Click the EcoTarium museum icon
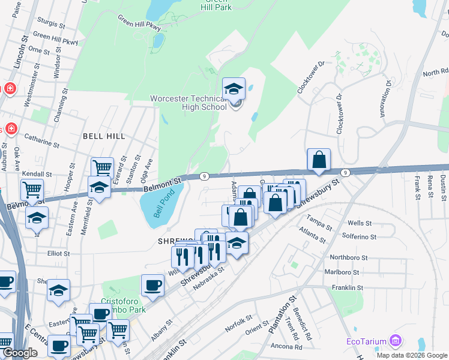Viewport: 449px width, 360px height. click(395, 341)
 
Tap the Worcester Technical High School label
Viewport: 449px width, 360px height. click(188, 102)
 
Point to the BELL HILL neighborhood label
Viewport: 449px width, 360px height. click(104, 136)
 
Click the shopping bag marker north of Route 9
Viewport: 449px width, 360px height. click(319, 160)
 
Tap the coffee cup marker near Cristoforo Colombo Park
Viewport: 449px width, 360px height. click(152, 286)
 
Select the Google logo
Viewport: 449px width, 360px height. click(20, 352)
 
